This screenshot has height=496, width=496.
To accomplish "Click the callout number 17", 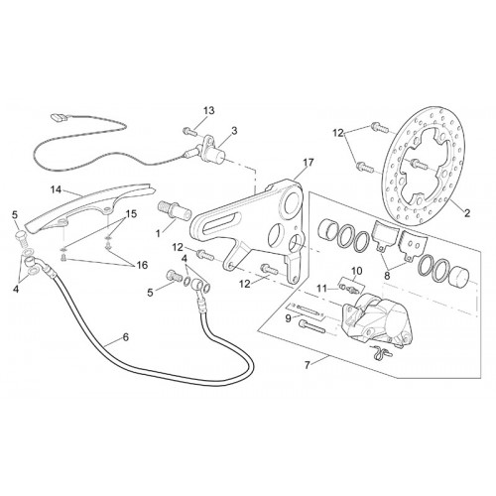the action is coord(309,163).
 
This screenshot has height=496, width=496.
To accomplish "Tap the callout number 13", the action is coord(209,110).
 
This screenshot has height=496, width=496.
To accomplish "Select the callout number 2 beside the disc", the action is coord(467,213).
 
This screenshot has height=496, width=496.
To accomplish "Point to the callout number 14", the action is coord(57,189).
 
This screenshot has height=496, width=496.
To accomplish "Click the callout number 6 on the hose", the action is coord(125,337).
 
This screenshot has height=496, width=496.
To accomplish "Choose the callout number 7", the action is coord(308,366).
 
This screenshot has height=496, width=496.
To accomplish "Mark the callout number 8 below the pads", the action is coord(387,276).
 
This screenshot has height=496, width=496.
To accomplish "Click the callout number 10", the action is coord(357,271).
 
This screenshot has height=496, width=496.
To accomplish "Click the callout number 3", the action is coord(234,131).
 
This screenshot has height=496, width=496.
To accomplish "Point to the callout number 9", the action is coord(288,318).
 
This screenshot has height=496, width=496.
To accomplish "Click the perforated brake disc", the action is coord(424,167).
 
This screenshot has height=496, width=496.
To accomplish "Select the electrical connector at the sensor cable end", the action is coord(58,117).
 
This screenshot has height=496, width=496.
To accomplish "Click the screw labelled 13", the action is coord(188,132).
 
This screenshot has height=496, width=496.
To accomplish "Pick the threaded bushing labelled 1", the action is coord(176,210).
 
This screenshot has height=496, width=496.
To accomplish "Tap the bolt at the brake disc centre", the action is coord(419,163).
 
